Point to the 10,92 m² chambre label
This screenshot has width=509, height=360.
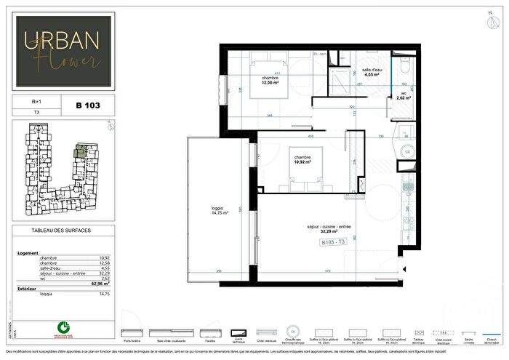point(302,159)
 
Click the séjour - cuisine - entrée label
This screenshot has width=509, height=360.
point(332,230)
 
